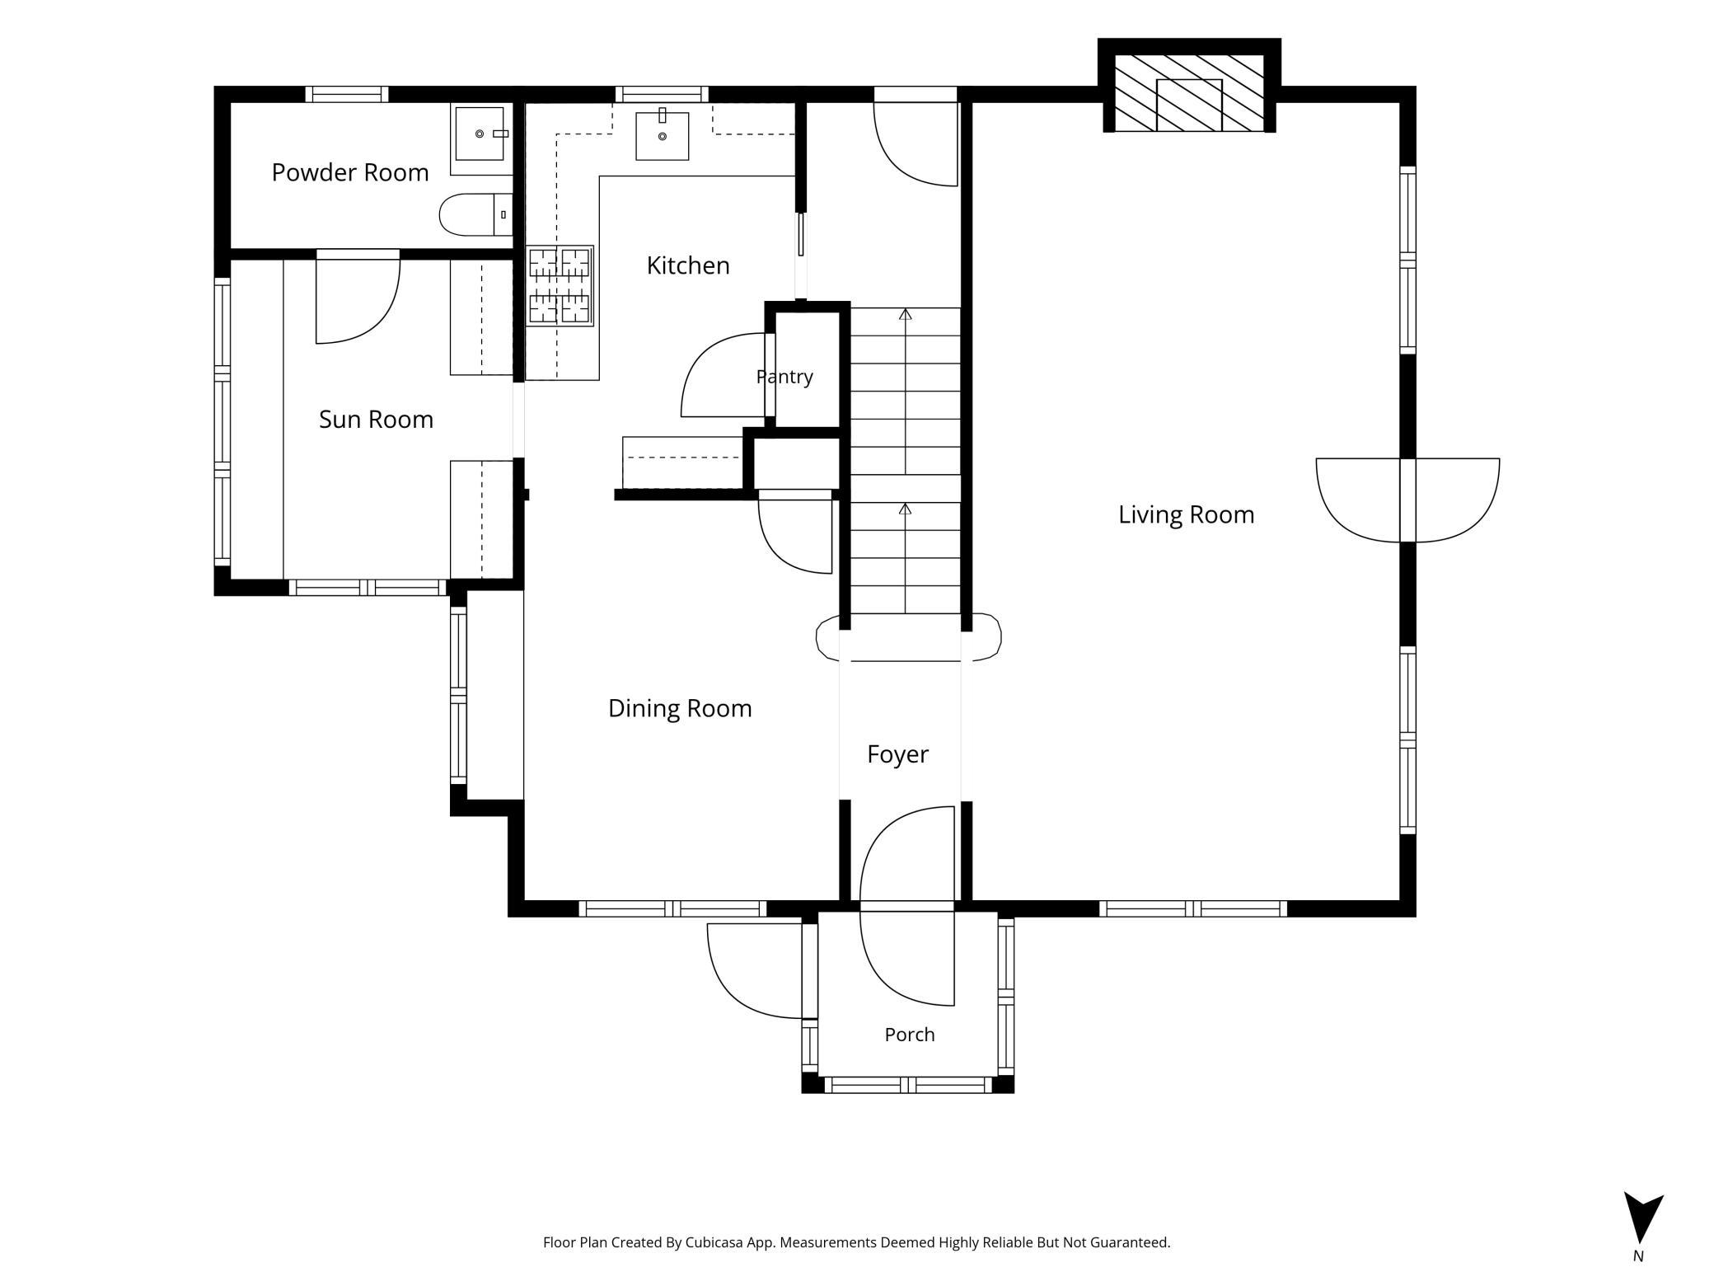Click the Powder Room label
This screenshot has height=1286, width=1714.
(x=350, y=172)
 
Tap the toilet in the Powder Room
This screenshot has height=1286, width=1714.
(x=475, y=215)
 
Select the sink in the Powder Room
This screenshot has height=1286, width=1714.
(x=481, y=134)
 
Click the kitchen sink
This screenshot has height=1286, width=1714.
(x=662, y=134)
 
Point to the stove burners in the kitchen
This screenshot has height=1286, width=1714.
(x=560, y=285)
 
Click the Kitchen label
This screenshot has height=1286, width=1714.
(x=688, y=265)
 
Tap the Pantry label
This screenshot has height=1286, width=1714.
(x=784, y=377)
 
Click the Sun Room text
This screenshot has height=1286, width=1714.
(x=376, y=420)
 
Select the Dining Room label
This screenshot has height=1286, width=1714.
(x=680, y=708)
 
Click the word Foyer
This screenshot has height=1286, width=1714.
(x=897, y=754)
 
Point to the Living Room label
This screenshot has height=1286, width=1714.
(x=1186, y=514)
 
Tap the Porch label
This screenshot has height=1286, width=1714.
(x=910, y=1035)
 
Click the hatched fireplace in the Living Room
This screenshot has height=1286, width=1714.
(x=1189, y=93)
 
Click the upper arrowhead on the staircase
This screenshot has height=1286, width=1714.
(x=905, y=314)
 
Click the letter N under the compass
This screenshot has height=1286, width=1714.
(x=1638, y=1256)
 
